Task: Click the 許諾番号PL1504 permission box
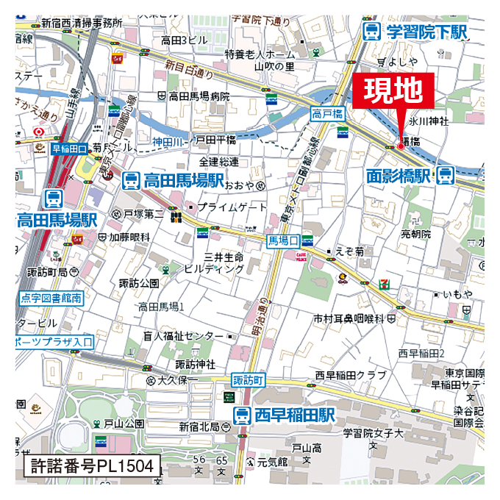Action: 93,465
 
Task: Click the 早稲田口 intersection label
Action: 70,149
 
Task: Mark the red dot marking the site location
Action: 401,146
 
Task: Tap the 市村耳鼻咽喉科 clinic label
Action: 349,318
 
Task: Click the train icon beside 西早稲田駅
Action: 242,415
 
